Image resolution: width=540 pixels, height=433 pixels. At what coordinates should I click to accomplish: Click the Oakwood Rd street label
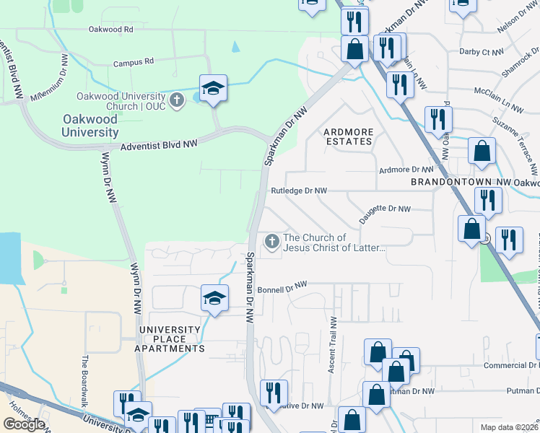pos(110,30)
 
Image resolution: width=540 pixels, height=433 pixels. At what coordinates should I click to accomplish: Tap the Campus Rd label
pos(134,62)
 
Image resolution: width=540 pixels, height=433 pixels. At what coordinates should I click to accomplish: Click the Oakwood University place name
pos(90,126)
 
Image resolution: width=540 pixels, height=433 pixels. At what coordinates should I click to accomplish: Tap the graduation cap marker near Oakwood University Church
pos(214,89)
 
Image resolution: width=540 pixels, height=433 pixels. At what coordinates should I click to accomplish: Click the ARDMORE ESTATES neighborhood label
pos(348,136)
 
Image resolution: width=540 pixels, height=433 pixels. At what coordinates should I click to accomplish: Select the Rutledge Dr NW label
pos(299,191)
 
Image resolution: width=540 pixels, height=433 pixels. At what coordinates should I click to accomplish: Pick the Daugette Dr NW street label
pos(385,209)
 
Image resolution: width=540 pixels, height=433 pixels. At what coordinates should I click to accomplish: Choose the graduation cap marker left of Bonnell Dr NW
pos(214,298)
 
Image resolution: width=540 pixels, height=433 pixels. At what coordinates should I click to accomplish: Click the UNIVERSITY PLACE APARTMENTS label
pos(172,339)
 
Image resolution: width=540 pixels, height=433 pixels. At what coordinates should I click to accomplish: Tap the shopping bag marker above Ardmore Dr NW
pos(482,152)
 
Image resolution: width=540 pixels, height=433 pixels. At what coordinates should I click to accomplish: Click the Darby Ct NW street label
pos(481,52)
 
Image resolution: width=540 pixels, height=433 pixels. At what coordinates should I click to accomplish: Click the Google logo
pos(24,424)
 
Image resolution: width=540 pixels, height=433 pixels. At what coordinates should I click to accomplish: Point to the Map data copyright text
pos(510,427)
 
